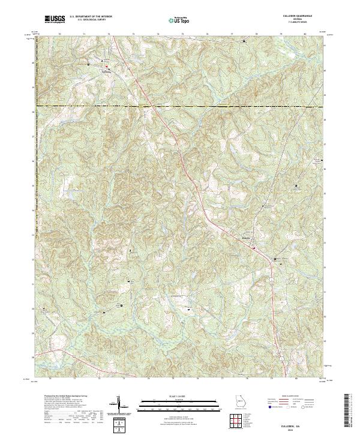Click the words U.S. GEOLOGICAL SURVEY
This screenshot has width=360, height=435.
click(90, 19)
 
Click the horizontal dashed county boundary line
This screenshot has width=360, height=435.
click(180, 107)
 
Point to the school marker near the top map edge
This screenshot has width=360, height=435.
click(244, 41)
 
